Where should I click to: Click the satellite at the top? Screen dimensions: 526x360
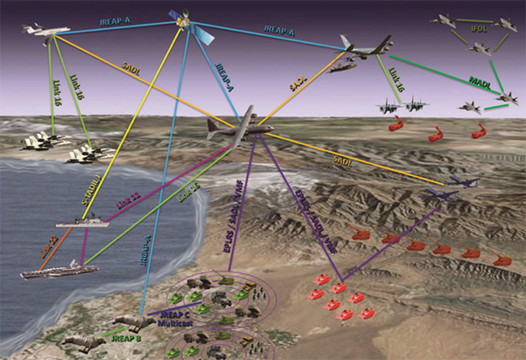(x=187, y=22)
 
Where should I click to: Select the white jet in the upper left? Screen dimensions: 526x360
(x=46, y=30)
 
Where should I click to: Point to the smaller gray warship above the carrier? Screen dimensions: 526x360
(x=84, y=222)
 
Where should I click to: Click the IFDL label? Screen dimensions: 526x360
(x=480, y=29)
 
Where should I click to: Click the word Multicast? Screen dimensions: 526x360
(x=171, y=323)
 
